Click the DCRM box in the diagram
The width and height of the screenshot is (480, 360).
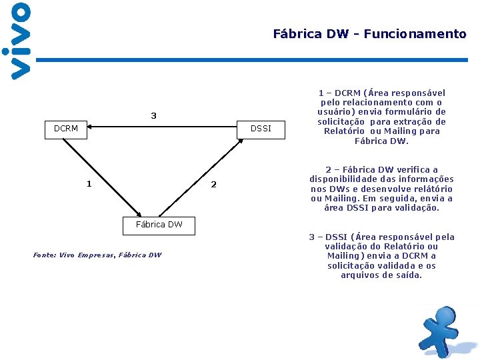[x=66, y=129]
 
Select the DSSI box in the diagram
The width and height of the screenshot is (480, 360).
[x=261, y=129]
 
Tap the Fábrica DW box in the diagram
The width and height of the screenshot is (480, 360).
[x=159, y=225]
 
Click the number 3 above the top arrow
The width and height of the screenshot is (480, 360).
[x=153, y=116]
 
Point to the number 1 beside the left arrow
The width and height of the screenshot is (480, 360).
[x=89, y=184]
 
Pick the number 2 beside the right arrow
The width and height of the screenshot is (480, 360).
[x=213, y=185]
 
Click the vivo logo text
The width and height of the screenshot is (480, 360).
[x=20, y=41]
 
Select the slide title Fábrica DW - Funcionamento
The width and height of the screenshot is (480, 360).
[x=369, y=34]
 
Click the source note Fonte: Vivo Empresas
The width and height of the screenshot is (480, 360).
[x=97, y=255]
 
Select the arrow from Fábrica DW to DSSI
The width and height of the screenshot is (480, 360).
[x=200, y=178]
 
